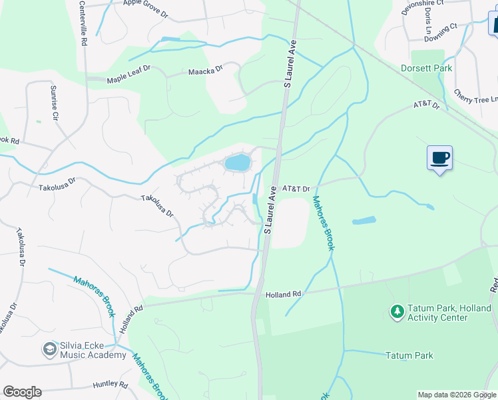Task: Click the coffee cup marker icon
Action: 439,158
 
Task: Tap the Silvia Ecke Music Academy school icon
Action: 49,348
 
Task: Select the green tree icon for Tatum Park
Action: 397,311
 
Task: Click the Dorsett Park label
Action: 426,68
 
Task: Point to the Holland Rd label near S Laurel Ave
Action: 284,293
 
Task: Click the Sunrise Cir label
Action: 54,103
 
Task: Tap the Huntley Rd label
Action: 110,385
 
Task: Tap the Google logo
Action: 22,392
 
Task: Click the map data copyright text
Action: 457,395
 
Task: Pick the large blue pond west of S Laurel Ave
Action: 237,162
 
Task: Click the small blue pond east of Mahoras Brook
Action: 364,221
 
